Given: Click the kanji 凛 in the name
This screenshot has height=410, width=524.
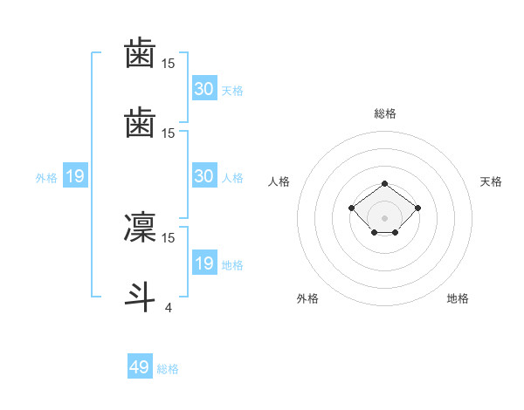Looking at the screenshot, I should click(140, 228).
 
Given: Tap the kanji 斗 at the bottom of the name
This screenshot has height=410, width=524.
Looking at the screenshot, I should click(140, 295).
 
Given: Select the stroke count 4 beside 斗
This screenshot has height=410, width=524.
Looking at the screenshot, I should click(168, 306).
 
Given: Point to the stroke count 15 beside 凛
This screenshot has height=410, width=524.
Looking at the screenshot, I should click(168, 237).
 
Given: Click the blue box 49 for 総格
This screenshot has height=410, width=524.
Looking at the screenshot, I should click(140, 367).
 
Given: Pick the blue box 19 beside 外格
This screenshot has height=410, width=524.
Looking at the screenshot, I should click(75, 177).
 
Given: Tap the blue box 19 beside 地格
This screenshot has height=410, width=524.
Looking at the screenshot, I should click(203, 264).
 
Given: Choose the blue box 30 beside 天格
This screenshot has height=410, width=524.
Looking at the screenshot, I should click(203, 89).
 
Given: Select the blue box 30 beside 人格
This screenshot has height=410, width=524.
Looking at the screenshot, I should click(203, 177).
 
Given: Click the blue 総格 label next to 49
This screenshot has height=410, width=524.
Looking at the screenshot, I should click(169, 369).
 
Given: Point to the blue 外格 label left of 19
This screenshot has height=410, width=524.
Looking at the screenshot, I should click(46, 178).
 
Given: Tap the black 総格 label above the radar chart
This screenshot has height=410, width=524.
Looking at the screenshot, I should click(385, 113).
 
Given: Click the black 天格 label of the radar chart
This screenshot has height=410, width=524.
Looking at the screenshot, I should click(491, 181).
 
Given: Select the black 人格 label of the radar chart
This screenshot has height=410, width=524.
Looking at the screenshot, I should click(279, 181).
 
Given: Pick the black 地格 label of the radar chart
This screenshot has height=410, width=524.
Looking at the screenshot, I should click(458, 298).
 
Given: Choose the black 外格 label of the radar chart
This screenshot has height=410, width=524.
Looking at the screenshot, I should click(307, 298).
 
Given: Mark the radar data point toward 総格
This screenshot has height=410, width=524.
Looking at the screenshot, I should click(385, 183).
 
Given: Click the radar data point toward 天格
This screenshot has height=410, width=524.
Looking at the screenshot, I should click(418, 208).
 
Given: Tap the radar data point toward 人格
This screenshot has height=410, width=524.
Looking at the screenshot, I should click(352, 208).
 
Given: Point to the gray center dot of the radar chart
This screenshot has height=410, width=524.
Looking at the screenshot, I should click(385, 218).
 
